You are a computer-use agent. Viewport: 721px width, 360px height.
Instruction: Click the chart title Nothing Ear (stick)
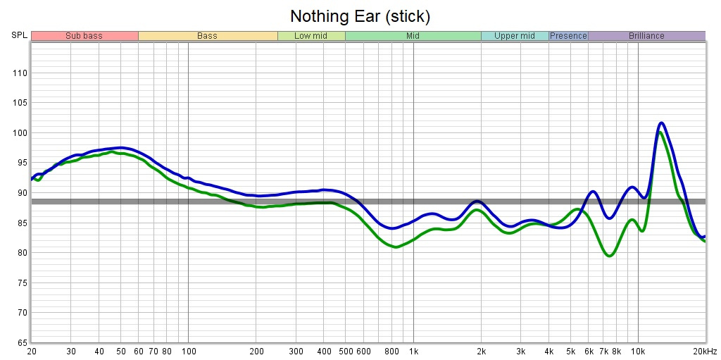coord(360,15)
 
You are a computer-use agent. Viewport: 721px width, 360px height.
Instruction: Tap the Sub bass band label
coord(84,36)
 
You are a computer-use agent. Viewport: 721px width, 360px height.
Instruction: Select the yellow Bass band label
coord(207,36)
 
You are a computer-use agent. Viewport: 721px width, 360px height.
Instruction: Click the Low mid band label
coord(311,36)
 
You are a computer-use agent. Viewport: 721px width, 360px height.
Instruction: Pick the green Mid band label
coord(413,36)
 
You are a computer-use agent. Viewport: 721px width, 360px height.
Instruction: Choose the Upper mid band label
coord(515,36)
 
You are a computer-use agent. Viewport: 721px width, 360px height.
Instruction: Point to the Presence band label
coord(568,36)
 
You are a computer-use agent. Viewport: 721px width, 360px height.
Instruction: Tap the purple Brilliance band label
coord(646,36)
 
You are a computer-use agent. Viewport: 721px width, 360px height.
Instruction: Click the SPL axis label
coord(19,36)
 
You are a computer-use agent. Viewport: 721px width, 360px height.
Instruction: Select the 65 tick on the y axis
coord(21,342)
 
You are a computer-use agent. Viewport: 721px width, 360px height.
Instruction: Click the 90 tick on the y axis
coord(21,193)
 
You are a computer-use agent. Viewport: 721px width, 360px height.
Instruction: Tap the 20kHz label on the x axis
coord(705,352)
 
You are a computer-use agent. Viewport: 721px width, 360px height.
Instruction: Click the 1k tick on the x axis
coord(413,352)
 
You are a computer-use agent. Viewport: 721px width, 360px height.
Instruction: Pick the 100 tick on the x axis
coord(188,352)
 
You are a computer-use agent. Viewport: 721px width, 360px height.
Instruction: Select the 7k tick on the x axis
coord(603,352)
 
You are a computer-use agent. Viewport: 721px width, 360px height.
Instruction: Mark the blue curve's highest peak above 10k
coord(661,123)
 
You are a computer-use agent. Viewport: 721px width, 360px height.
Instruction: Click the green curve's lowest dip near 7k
coord(610,256)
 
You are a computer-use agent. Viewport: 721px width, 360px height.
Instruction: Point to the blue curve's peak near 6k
coord(593,192)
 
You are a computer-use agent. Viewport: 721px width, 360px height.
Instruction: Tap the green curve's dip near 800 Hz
coord(396,247)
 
